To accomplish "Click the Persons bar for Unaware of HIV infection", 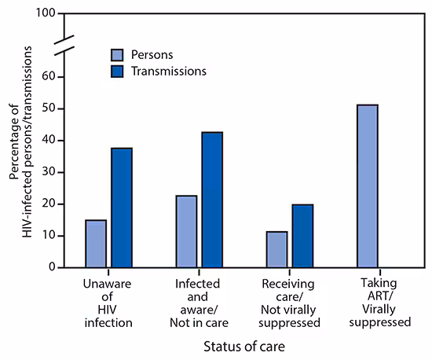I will coord(96,243).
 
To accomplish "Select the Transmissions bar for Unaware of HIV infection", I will coord(121,208).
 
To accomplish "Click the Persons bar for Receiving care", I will coord(276,249).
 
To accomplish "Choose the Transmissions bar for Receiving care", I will coord(302,236).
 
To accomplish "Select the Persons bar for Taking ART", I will coord(367,186).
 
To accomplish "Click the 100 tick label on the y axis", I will coord(45,14).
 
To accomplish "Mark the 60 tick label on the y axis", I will coord(48,77).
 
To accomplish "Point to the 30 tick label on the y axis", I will coord(48,172).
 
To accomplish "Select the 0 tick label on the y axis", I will coord(51,267).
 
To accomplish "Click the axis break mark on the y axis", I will coord(65,45).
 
